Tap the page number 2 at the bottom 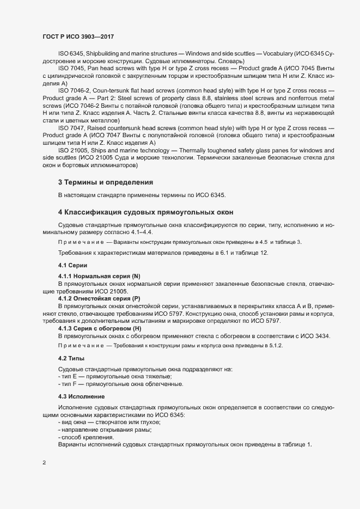pyautogui.click(x=44, y=463)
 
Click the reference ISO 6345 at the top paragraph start pyautogui.click(x=70, y=54)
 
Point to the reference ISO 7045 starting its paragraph pyautogui.click(x=70, y=68)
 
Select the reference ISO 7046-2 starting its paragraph pyautogui.click(x=73, y=89)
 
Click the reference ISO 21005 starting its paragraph pyautogui.click(x=72, y=150)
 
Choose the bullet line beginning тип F pyautogui.click(x=120, y=384)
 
